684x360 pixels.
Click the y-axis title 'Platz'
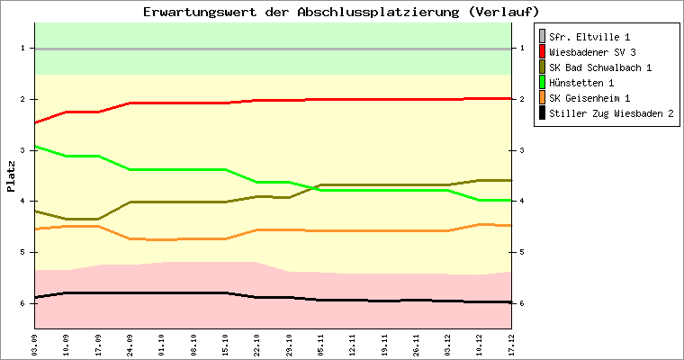(x=11, y=176)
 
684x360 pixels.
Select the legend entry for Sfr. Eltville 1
(x=589, y=36)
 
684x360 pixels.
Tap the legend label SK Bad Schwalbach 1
(x=600, y=67)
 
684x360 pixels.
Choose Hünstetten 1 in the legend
(x=582, y=83)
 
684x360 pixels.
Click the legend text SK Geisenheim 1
(x=589, y=98)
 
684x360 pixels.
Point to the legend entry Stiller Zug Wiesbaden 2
(x=611, y=113)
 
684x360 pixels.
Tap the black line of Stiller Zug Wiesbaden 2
(x=180, y=292)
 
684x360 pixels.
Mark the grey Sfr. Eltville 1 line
(x=270, y=49)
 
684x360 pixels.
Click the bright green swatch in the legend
(x=542, y=83)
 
